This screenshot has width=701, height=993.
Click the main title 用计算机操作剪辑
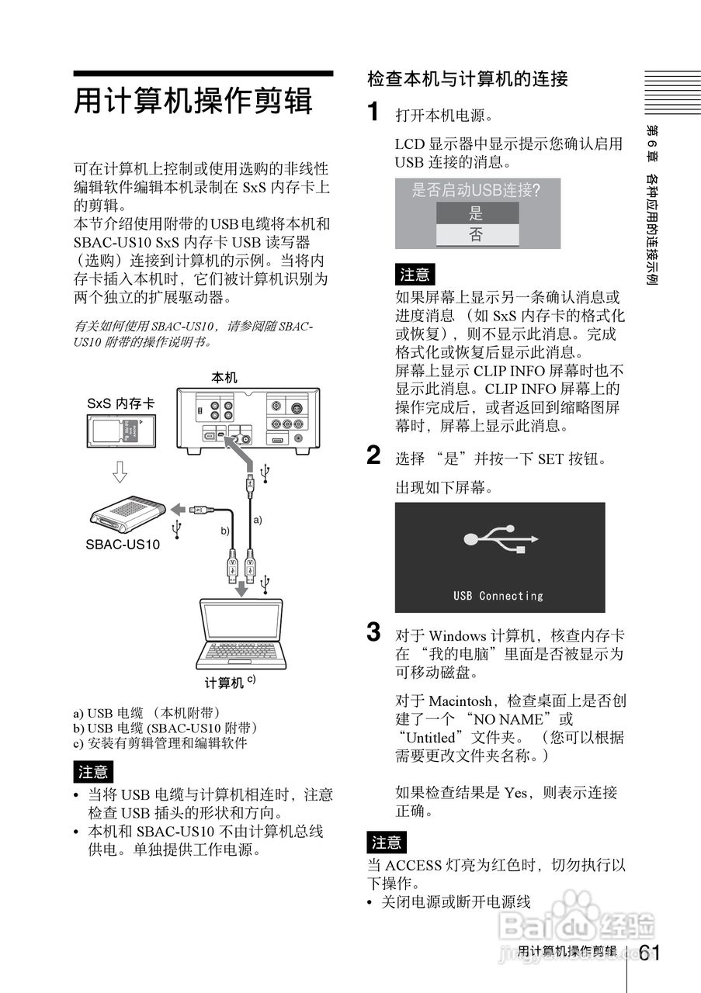(x=193, y=102)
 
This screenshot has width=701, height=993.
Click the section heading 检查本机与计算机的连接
(x=467, y=79)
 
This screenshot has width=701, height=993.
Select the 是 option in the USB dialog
(x=477, y=213)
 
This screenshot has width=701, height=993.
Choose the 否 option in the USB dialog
(x=477, y=235)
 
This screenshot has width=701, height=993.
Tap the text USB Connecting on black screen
(x=498, y=596)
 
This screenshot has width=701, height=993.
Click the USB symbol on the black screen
(x=498, y=538)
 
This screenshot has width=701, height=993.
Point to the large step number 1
(x=373, y=112)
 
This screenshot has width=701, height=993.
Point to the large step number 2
(x=373, y=456)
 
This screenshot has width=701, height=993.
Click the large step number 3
(x=373, y=632)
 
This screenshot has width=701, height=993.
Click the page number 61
(x=651, y=953)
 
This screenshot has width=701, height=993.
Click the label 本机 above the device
(x=224, y=378)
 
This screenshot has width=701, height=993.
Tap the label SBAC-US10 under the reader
(x=123, y=545)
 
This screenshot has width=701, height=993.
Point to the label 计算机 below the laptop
(x=225, y=683)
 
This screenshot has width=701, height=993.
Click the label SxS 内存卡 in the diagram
(x=120, y=404)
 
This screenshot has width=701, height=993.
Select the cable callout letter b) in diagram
(x=225, y=531)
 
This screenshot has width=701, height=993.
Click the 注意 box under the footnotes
(x=94, y=772)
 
